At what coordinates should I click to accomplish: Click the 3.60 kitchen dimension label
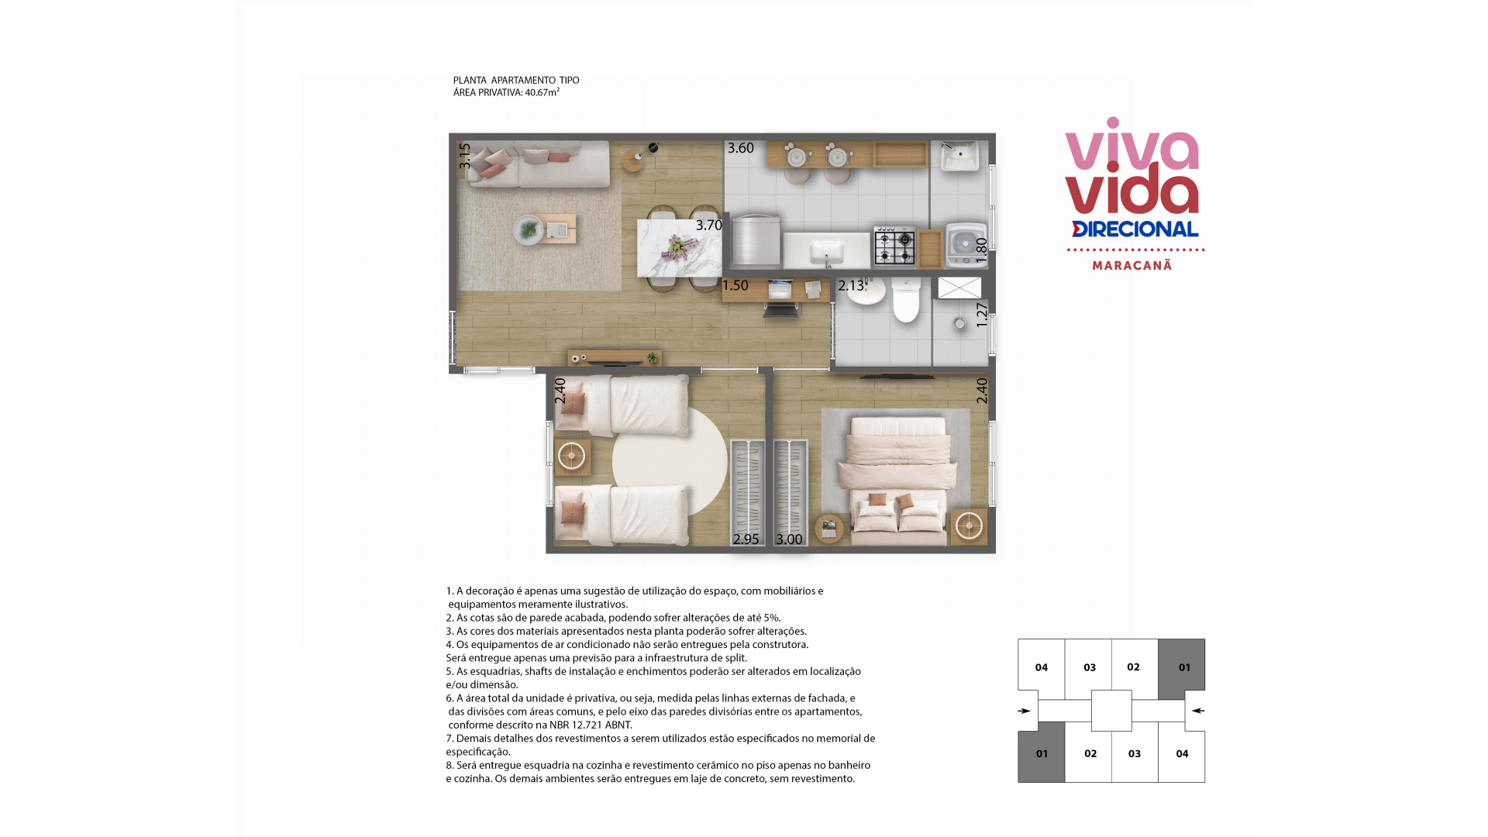(x=740, y=148)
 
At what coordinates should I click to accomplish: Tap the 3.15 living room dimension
(x=464, y=156)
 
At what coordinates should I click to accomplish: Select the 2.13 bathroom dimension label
(x=851, y=285)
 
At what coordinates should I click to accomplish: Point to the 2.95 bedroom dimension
(x=746, y=539)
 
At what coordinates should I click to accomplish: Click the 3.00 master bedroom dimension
(x=789, y=539)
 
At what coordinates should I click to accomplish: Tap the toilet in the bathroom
(x=905, y=300)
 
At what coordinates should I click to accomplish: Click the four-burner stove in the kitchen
(x=894, y=246)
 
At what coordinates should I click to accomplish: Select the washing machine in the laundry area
(x=966, y=244)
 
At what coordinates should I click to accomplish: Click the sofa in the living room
(x=537, y=164)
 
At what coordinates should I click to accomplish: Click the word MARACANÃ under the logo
(x=1132, y=266)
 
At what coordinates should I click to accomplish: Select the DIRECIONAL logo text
(x=1135, y=229)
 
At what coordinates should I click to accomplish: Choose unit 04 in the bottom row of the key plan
(x=1182, y=753)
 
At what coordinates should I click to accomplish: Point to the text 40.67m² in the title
(x=542, y=92)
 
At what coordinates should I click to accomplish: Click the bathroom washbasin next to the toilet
(x=866, y=291)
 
